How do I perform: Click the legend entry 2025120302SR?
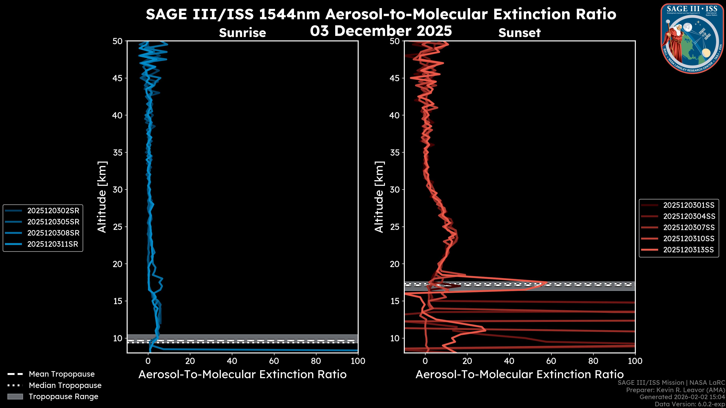tap(53, 211)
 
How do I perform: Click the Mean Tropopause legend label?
tap(62, 374)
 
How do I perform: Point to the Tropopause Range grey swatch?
tap(15, 396)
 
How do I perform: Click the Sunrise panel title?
tap(242, 33)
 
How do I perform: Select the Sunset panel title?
tap(519, 33)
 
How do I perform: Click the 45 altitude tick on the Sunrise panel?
tap(118, 78)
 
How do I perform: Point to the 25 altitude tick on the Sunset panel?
tap(395, 227)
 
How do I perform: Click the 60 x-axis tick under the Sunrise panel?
tap(274, 361)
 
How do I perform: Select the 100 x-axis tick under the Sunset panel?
tap(635, 361)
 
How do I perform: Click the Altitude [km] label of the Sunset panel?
tap(379, 197)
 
